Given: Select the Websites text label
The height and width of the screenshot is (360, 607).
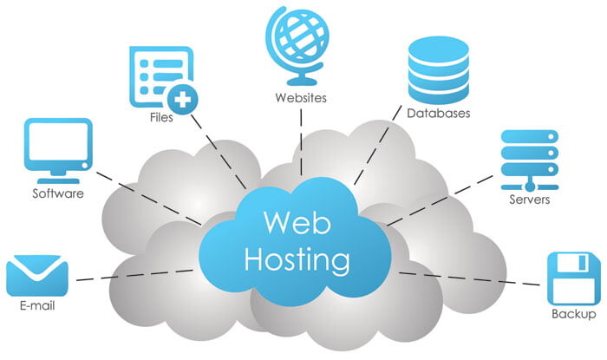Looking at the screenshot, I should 300,98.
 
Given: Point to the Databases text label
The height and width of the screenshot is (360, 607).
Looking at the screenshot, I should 438,114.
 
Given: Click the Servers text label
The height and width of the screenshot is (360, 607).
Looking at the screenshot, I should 529,200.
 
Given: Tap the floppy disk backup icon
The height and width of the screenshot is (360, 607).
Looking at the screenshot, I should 573,276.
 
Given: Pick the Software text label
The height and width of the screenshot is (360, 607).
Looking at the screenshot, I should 58,193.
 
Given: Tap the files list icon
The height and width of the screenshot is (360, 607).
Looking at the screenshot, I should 158,74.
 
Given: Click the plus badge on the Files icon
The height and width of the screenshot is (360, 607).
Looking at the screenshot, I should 182,95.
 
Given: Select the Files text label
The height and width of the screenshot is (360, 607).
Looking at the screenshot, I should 160,118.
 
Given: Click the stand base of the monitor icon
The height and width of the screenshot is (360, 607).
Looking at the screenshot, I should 58,174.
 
